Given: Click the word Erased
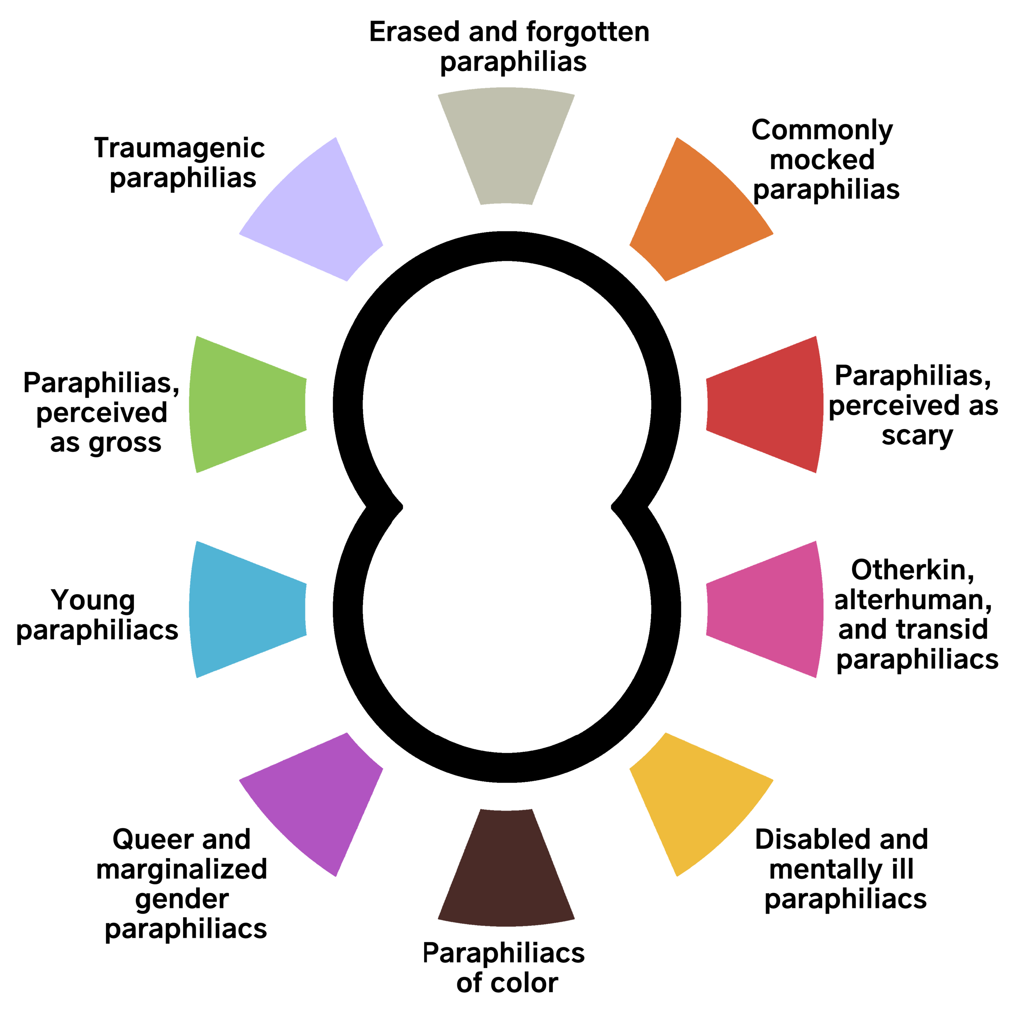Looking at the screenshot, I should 415,32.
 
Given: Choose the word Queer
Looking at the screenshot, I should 152,840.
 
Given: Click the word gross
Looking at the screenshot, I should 125,444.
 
